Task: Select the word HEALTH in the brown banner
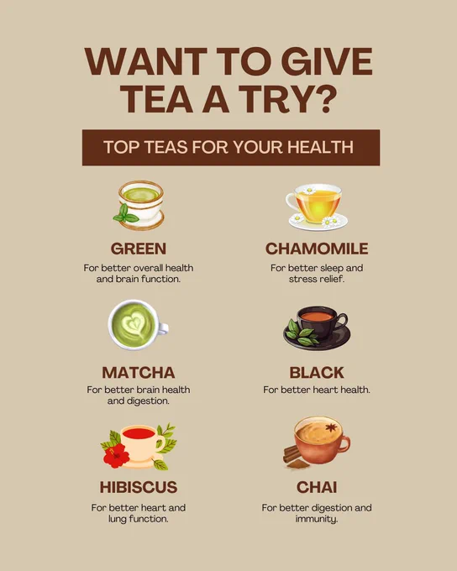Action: pyautogui.click(x=320, y=147)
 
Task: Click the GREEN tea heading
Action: pyautogui.click(x=139, y=249)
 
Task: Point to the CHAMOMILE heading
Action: pyautogui.click(x=317, y=249)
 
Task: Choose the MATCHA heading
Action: pyautogui.click(x=139, y=373)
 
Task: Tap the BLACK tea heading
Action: pyautogui.click(x=317, y=373)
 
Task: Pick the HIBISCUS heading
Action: pyautogui.click(x=139, y=487)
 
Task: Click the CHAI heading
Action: pyautogui.click(x=317, y=487)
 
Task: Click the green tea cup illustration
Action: pyautogui.click(x=139, y=205)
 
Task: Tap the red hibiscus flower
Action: pyautogui.click(x=116, y=455)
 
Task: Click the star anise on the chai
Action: pyautogui.click(x=331, y=427)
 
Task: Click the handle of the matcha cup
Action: pyautogui.click(x=163, y=328)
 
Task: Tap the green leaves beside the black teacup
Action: pyautogui.click(x=301, y=333)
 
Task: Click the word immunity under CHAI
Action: pyautogui.click(x=316, y=519)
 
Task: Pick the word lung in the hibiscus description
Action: pyautogui.click(x=118, y=519)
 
